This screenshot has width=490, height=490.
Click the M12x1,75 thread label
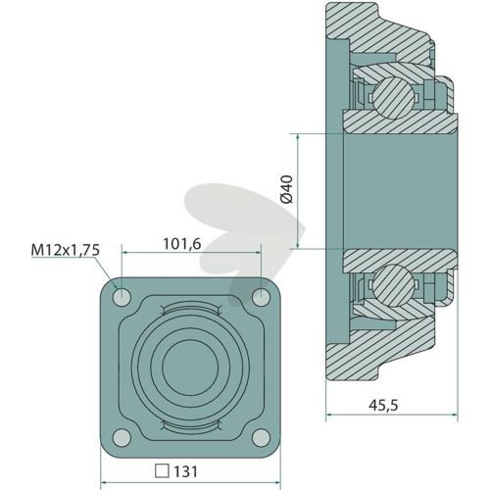66,250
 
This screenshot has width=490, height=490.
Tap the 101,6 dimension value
182,244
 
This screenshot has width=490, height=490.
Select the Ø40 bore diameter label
287,189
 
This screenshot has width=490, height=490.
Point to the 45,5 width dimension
383,405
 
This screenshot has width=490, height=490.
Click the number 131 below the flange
185,471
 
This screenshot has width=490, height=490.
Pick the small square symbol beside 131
162,471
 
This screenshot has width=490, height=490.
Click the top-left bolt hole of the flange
122,297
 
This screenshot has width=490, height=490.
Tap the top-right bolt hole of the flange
262,297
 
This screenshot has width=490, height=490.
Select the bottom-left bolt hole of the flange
122,437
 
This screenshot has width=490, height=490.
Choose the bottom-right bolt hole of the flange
262,437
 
